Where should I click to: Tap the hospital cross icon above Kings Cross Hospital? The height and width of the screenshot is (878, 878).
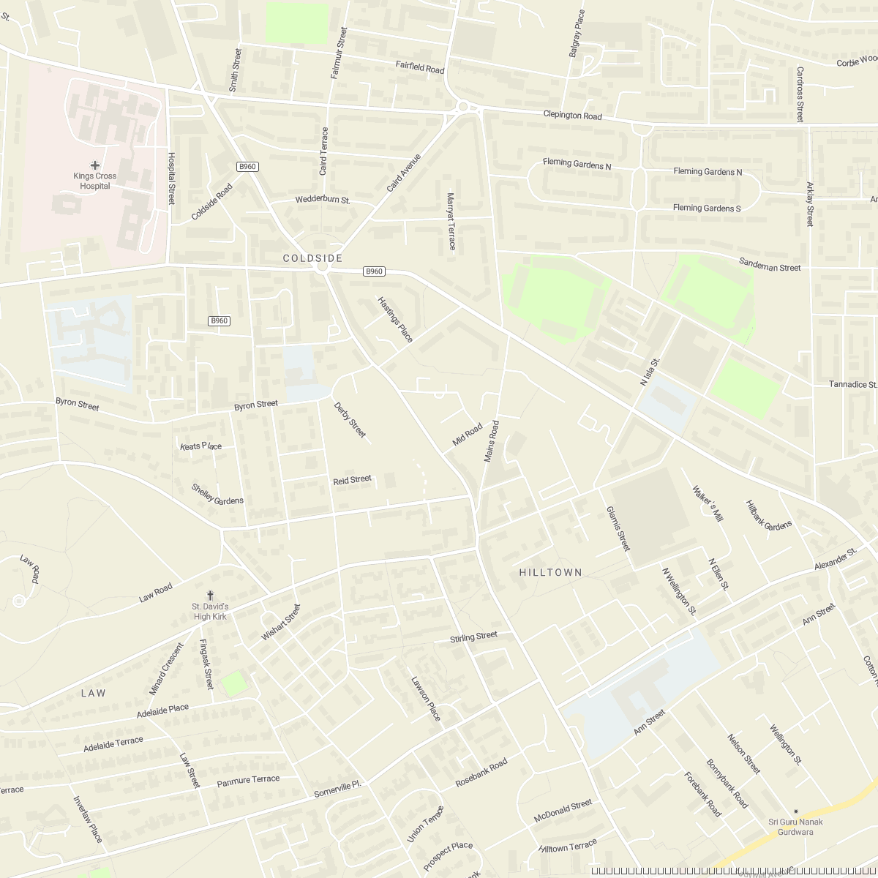click(x=95, y=165)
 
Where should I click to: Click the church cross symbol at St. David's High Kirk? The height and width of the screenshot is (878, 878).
click(x=211, y=596)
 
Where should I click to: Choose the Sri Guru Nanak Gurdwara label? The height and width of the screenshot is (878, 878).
click(x=795, y=827)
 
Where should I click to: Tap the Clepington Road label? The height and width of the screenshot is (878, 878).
click(x=572, y=116)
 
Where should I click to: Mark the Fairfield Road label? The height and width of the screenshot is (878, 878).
click(x=420, y=67)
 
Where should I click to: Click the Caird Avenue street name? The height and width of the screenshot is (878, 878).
click(x=404, y=173)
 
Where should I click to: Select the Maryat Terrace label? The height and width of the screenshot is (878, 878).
click(x=451, y=221)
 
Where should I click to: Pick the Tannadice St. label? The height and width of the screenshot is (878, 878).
click(x=852, y=384)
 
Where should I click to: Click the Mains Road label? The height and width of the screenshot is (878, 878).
click(x=490, y=441)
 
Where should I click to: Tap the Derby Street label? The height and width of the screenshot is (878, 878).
click(x=349, y=420)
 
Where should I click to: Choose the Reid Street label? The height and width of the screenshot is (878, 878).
click(x=352, y=480)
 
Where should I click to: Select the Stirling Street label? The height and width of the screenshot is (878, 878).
click(x=473, y=637)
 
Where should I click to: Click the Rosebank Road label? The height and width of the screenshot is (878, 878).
click(x=481, y=773)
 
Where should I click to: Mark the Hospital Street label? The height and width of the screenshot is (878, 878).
click(x=173, y=178)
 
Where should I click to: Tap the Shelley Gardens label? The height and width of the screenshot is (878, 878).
click(x=217, y=494)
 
